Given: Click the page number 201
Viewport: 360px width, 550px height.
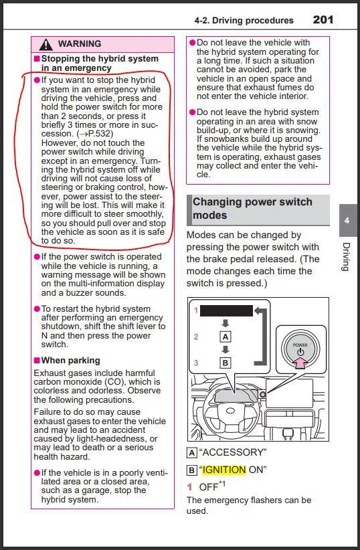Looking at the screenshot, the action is pos(323,19).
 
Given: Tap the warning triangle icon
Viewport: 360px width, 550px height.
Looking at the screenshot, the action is pos(46,45).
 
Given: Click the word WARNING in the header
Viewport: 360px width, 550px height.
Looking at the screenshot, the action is pos(80,44).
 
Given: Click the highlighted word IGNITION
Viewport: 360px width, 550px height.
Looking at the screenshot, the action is pos(224,470).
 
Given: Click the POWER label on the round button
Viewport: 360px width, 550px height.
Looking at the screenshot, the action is pos(300,345).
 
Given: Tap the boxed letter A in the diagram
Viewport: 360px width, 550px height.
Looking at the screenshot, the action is pos(226,337).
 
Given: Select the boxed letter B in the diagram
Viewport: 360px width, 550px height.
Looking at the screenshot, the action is pos(226,363).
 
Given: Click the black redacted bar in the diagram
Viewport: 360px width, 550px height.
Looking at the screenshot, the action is pos(226,310).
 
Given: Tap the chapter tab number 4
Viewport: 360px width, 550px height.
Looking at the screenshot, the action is pos(347,221).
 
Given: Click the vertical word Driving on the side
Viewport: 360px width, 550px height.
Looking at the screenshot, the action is pos(347,256).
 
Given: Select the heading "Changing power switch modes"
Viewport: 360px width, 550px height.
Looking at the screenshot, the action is pos(252,208).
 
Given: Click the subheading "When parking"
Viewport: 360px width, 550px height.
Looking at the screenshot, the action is pos(70,361).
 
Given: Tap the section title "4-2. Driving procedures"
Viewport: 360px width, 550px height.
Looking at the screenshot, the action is pos(244,20).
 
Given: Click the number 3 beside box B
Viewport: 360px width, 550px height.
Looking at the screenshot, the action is pos(196,363).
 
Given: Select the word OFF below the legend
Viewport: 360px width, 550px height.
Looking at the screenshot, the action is pos(209,487).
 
